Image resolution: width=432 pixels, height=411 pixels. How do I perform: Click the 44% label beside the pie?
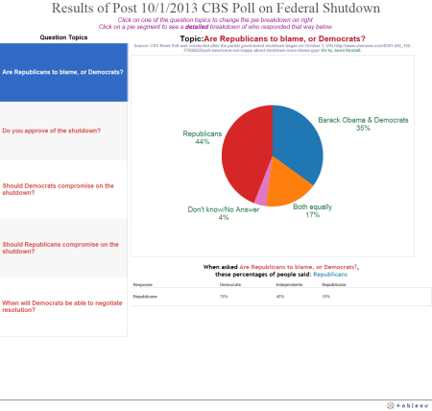203,142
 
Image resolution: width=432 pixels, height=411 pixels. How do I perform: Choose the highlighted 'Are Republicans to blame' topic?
62,72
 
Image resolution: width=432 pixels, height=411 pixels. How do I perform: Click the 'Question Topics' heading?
65,36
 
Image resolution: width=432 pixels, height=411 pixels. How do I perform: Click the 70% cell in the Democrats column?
225,298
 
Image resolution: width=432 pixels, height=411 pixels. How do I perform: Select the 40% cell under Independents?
280,298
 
